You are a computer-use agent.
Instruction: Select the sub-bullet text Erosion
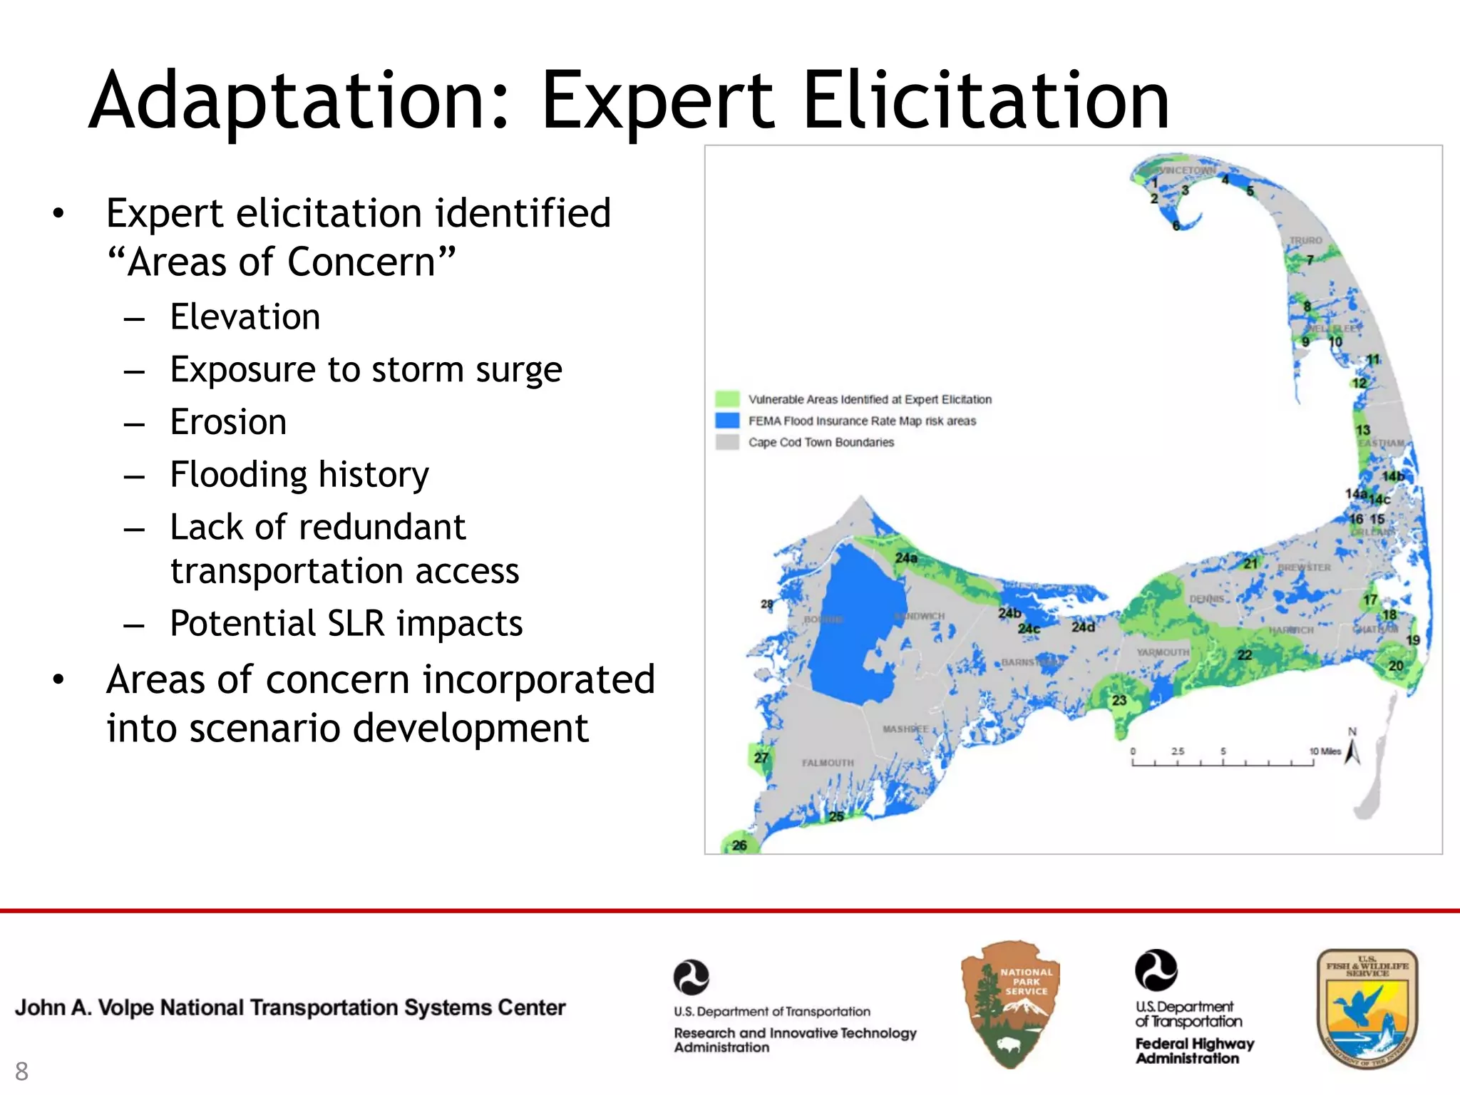[x=228, y=422]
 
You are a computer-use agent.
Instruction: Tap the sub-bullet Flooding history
[x=299, y=475]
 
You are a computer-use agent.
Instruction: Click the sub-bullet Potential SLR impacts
[x=346, y=624]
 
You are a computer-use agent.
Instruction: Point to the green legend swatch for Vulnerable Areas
[x=727, y=399]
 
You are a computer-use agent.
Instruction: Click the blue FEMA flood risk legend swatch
[x=727, y=421]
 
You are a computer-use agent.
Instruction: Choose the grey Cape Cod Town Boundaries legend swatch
[x=727, y=442]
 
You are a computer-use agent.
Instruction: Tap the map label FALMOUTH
[x=827, y=763]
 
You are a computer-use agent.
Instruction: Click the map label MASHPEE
[x=905, y=729]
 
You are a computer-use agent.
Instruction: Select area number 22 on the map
[x=1244, y=655]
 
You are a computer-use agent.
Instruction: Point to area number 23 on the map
[x=1119, y=700]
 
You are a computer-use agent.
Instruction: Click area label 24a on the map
[x=906, y=557]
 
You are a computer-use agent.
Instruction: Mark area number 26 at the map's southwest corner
[x=739, y=845]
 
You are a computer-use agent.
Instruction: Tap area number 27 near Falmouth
[x=761, y=757]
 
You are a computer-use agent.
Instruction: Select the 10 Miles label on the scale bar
[x=1325, y=751]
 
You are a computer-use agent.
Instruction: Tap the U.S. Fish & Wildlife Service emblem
[x=1367, y=1008]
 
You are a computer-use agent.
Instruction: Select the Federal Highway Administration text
[x=1194, y=1051]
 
